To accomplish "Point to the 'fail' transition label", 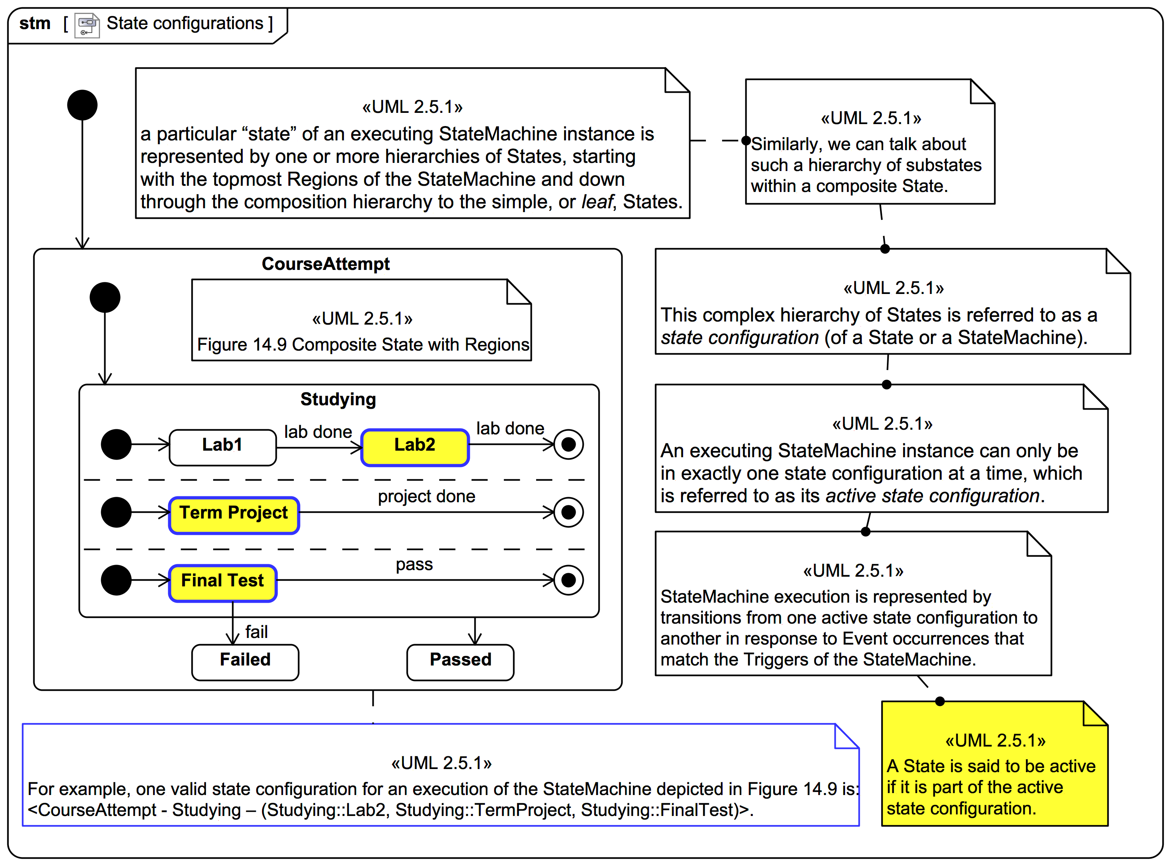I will (x=256, y=633).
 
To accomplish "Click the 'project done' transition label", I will (x=426, y=497).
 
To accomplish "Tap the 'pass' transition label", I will (x=414, y=565).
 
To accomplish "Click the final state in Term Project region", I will (x=569, y=513).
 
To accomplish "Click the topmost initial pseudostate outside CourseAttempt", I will (x=82, y=105).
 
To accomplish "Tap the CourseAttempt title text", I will (x=325, y=264).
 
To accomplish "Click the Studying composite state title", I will (x=338, y=400).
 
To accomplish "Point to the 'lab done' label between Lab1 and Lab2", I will (x=317, y=432).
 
